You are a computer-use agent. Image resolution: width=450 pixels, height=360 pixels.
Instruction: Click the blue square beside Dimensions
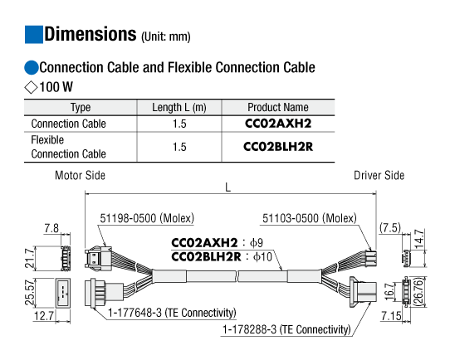(x=34, y=34)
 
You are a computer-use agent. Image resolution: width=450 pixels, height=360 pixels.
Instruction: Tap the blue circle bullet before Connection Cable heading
(x=32, y=68)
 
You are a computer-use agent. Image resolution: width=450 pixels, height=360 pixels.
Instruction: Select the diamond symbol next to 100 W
(x=31, y=87)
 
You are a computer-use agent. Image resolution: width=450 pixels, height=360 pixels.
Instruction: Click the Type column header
(x=81, y=108)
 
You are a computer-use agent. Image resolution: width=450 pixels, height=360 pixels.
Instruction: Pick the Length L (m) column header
(x=179, y=108)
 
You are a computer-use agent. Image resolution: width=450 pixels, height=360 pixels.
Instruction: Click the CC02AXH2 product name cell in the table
(x=278, y=124)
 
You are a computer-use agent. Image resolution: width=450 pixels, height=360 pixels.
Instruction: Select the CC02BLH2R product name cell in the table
(x=278, y=147)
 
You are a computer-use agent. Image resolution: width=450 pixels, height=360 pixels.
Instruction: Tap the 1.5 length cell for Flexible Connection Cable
(x=179, y=147)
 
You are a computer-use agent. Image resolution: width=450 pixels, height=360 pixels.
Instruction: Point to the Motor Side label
(x=80, y=175)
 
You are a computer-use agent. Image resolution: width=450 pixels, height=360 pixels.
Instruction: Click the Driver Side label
(x=379, y=175)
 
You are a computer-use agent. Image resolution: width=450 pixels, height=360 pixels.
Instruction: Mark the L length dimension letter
(x=227, y=187)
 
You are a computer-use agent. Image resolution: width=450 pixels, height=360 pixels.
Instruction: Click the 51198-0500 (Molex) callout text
(x=147, y=218)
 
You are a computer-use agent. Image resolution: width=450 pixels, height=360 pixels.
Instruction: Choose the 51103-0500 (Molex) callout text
(x=310, y=218)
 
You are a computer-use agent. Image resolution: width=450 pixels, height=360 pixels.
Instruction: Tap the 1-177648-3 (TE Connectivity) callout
(x=172, y=313)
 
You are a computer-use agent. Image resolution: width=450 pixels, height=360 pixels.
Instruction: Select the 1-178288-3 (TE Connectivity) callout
(x=286, y=329)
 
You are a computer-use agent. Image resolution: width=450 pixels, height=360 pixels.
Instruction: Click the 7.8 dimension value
(x=51, y=228)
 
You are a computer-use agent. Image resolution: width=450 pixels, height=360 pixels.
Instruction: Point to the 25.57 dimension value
(x=30, y=292)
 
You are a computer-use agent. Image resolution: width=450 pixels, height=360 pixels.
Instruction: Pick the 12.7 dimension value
(x=44, y=316)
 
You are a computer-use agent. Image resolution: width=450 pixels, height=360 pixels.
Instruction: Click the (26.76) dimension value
(x=418, y=292)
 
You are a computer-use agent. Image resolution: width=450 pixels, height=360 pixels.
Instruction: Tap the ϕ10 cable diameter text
(x=262, y=256)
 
